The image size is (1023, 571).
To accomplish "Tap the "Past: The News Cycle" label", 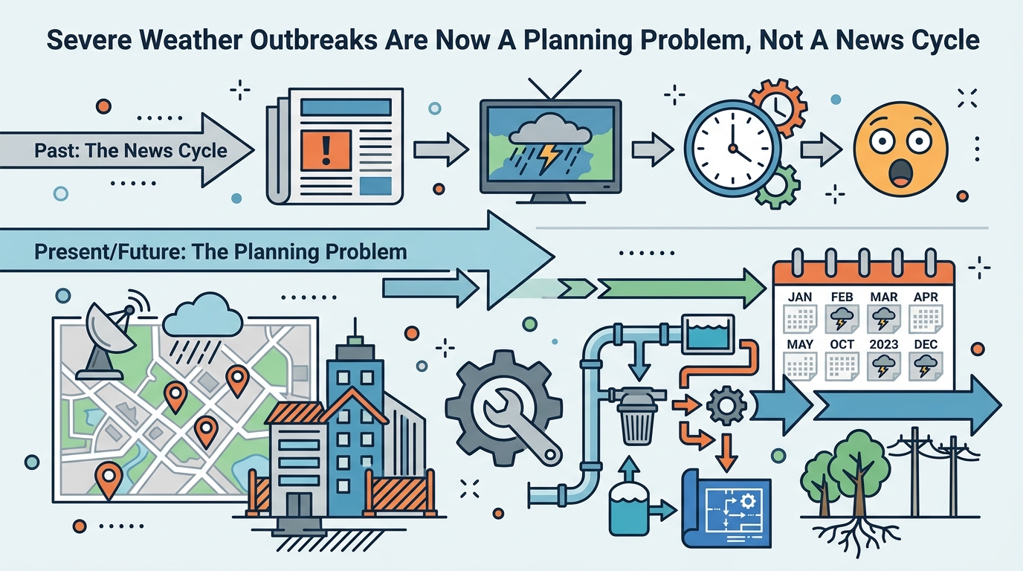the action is (x=131, y=151).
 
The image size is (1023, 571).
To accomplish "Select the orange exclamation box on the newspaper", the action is (x=326, y=150).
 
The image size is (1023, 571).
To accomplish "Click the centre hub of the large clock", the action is (x=732, y=148).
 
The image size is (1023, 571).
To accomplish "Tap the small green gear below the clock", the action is (x=778, y=187).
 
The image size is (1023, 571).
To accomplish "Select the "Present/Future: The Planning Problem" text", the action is (x=221, y=252).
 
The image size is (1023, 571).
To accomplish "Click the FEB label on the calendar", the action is (x=842, y=297).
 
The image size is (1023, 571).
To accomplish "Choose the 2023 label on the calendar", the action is (x=884, y=344).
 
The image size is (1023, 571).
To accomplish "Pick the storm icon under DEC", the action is (x=926, y=367).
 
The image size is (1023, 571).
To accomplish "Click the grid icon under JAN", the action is (x=800, y=319).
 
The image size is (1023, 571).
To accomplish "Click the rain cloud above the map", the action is (x=202, y=320).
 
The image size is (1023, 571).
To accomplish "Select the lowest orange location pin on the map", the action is (x=109, y=480).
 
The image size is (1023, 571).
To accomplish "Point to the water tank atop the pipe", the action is (x=708, y=335).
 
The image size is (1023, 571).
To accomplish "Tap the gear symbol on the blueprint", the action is (x=748, y=502).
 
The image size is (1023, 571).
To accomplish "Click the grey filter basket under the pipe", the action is (x=637, y=422).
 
